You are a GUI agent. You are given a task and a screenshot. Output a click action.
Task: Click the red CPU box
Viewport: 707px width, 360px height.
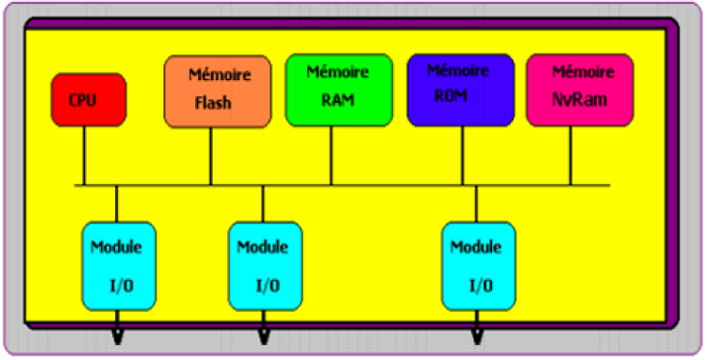88,99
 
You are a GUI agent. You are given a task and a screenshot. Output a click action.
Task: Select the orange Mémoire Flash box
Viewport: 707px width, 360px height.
218,91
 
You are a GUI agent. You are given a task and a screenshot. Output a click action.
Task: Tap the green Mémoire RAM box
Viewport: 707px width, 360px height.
337,89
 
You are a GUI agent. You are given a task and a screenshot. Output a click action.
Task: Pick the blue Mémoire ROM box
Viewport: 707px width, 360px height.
461,90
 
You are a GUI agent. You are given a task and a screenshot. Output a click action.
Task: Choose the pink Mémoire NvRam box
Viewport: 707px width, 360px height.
580,90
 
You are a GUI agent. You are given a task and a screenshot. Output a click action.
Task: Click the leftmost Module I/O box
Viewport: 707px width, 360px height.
117,266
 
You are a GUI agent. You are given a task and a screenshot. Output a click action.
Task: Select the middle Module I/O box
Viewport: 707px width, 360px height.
264,266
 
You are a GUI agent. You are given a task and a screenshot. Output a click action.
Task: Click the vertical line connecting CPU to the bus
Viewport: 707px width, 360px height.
85,155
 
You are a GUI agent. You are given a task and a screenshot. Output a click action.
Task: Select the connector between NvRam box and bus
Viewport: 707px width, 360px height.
571,155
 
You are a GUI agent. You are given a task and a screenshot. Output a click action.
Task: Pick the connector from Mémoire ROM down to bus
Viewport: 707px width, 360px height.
450,155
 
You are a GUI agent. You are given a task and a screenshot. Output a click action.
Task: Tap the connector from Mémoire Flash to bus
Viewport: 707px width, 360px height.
210,155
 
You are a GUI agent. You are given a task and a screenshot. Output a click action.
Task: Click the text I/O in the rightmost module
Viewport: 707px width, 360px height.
480,285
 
